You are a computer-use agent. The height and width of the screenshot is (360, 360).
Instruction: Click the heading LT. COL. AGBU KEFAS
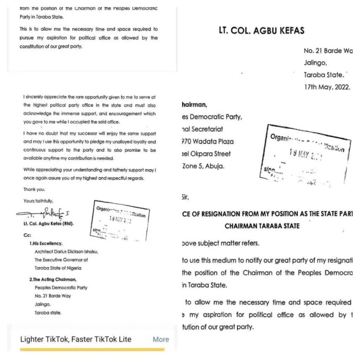[261, 31]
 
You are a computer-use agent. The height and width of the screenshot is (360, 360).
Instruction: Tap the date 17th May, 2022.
[327, 88]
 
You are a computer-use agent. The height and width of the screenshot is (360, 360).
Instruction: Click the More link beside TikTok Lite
[161, 339]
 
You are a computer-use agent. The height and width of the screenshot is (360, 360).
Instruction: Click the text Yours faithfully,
[39, 201]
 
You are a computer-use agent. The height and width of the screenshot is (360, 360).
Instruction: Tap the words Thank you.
[34, 189]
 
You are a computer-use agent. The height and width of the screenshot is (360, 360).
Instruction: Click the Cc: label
[27, 236]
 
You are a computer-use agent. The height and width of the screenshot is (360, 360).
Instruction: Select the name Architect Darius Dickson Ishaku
[66, 251]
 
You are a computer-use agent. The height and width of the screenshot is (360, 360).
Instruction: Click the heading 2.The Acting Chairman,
[53, 279]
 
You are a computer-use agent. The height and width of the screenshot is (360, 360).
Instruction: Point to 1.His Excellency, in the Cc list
[46, 243]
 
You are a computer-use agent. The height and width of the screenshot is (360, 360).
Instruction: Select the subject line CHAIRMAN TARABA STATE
[262, 226]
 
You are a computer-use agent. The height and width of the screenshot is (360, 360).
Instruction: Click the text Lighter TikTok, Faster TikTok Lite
[76, 339]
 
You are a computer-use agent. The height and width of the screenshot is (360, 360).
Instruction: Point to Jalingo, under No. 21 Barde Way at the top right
[315, 63]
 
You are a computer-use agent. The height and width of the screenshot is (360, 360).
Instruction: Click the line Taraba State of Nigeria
[58, 268]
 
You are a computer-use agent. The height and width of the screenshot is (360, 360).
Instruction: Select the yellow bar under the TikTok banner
[92, 349]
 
